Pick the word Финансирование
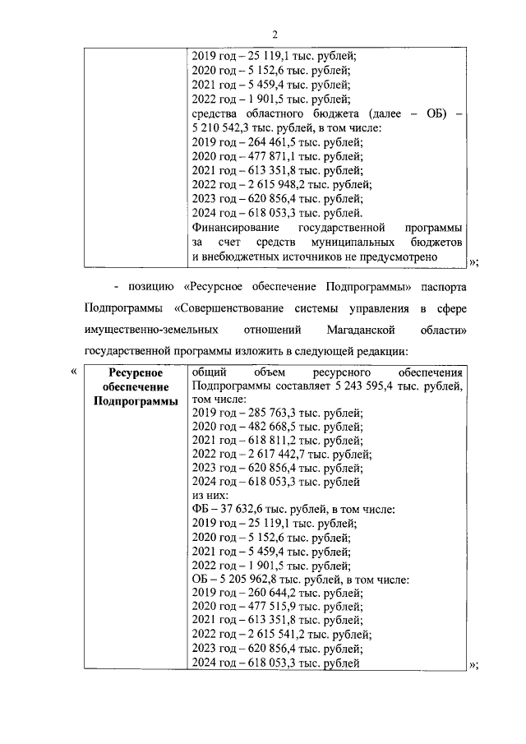click(x=234, y=227)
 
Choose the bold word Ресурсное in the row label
click(x=135, y=372)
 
